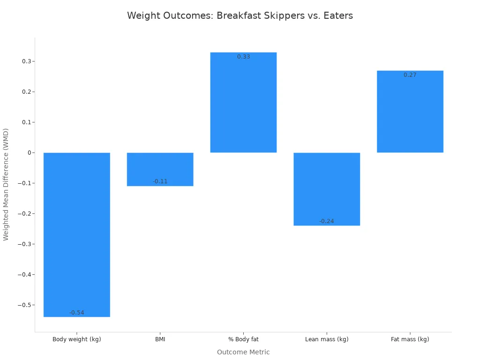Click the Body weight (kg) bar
[76, 234]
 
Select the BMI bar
[160, 169]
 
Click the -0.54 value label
[76, 313]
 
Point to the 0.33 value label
[243, 57]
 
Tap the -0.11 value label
[160, 181]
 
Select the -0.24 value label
[327, 221]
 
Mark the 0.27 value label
[410, 75]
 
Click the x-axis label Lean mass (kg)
[327, 339]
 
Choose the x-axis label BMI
[160, 339]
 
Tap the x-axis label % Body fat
[243, 339]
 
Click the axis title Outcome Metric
[243, 352]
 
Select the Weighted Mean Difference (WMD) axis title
[6, 184]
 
